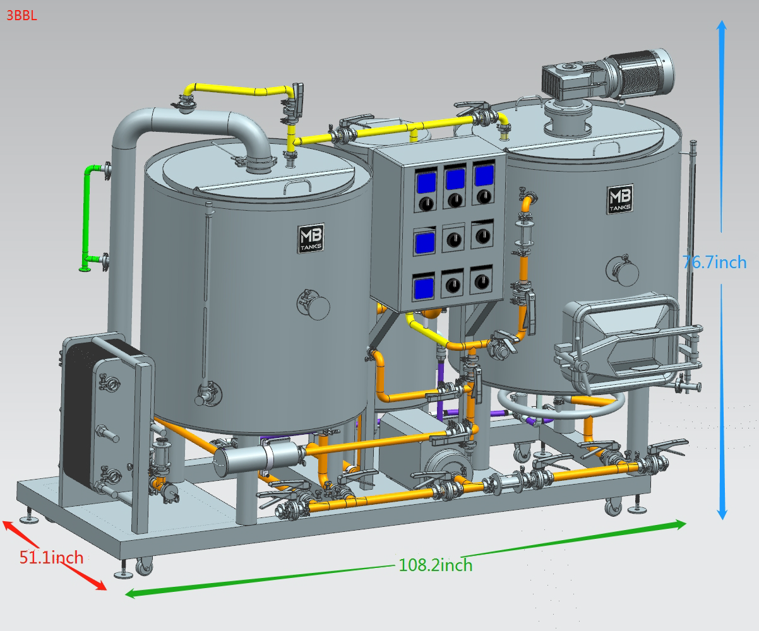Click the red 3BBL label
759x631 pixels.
pos(22,16)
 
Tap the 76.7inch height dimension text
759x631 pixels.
pos(714,262)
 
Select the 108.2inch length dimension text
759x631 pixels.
pos(436,565)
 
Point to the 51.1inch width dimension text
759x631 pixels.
pos(51,557)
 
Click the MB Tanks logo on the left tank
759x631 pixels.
pos(311,239)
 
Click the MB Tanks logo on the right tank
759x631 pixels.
pos(620,199)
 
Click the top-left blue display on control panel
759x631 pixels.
pos(426,182)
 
